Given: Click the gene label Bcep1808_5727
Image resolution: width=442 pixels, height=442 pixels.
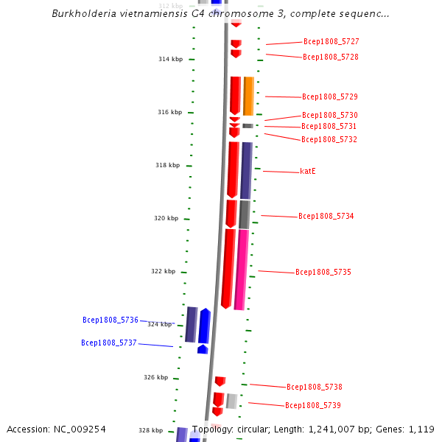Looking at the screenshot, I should pyautogui.click(x=331, y=42).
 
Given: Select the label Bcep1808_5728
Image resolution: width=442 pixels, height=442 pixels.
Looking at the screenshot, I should pyautogui.click(x=330, y=57).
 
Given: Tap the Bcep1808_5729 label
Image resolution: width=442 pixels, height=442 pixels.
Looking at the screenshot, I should pyautogui.click(x=329, y=97).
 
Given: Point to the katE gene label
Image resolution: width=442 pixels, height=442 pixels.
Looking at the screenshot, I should pyautogui.click(x=308, y=171).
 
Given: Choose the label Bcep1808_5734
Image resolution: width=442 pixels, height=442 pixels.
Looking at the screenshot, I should pyautogui.click(x=326, y=217).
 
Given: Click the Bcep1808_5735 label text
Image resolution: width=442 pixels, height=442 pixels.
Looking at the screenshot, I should pyautogui.click(x=323, y=273).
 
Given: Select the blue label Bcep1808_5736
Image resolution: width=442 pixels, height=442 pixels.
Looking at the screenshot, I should pyautogui.click(x=110, y=320).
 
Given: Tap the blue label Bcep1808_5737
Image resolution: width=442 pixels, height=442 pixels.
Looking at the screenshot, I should pyautogui.click(x=109, y=343).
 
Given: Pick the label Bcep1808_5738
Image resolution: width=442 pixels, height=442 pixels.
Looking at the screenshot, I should pyautogui.click(x=314, y=387).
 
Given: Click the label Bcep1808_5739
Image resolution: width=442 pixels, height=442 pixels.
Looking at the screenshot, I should pyautogui.click(x=312, y=405).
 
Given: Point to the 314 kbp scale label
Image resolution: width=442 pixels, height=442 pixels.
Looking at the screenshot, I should pyautogui.click(x=170, y=59).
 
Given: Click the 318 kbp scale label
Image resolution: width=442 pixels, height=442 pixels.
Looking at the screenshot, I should pyautogui.click(x=167, y=166).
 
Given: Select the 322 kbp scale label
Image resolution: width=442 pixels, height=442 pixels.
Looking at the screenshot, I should pyautogui.click(x=163, y=271).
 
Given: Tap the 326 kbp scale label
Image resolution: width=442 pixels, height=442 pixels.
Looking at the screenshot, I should pyautogui.click(x=155, y=377).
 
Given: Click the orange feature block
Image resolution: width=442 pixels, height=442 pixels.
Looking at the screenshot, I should pyautogui.click(x=248, y=96).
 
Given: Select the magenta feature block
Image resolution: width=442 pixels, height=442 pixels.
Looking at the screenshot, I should pyautogui.click(x=241, y=269).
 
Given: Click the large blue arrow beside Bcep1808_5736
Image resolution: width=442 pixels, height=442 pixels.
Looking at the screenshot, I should pyautogui.click(x=204, y=326).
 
